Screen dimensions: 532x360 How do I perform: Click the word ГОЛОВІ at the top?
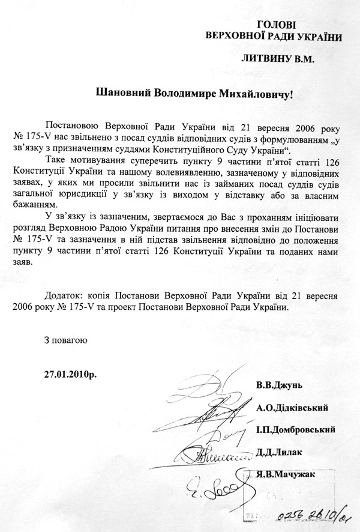pyautogui.click(x=276, y=25)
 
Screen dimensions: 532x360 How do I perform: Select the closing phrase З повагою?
pyautogui.click(x=65, y=340)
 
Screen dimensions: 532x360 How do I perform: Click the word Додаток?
pyautogui.click(x=64, y=296)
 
